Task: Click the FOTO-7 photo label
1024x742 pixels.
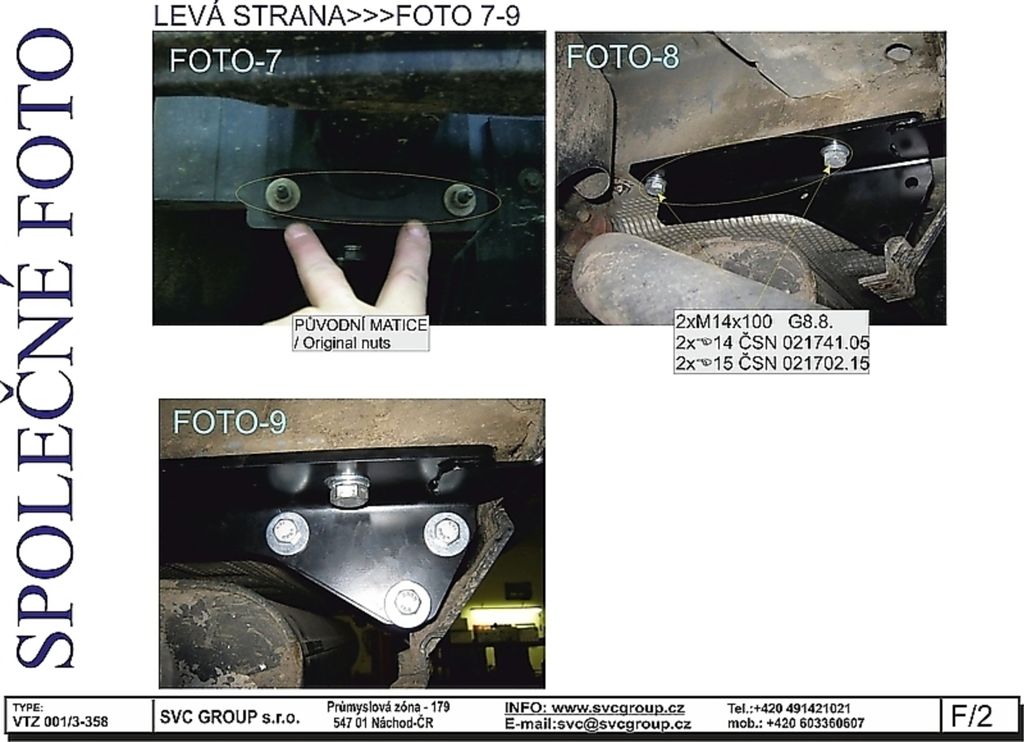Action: pos(225,61)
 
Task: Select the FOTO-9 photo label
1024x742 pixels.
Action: pos(229,422)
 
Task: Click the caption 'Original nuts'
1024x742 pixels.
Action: pos(347,343)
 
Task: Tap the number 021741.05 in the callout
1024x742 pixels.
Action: pos(826,342)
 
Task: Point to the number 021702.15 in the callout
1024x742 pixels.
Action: pos(826,363)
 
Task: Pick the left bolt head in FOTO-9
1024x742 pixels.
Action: pos(287,534)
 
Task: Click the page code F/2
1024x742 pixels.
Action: pos(971,715)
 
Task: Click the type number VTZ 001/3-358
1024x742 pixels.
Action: pos(61,722)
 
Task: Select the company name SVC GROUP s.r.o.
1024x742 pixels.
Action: pos(230,717)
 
